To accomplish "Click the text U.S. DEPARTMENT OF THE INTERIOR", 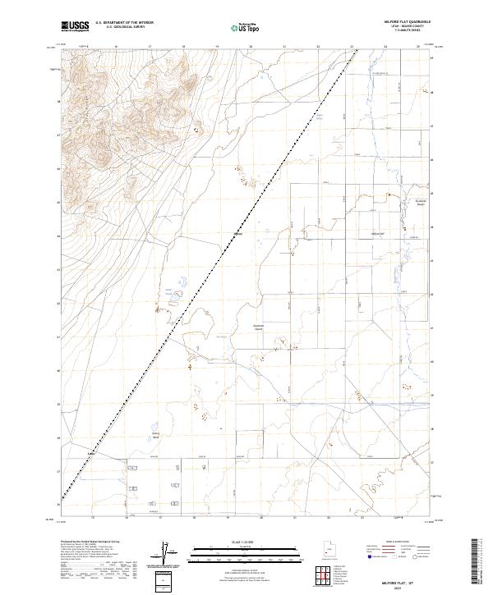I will coord(124,22).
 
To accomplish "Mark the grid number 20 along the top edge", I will coord(250,48).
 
